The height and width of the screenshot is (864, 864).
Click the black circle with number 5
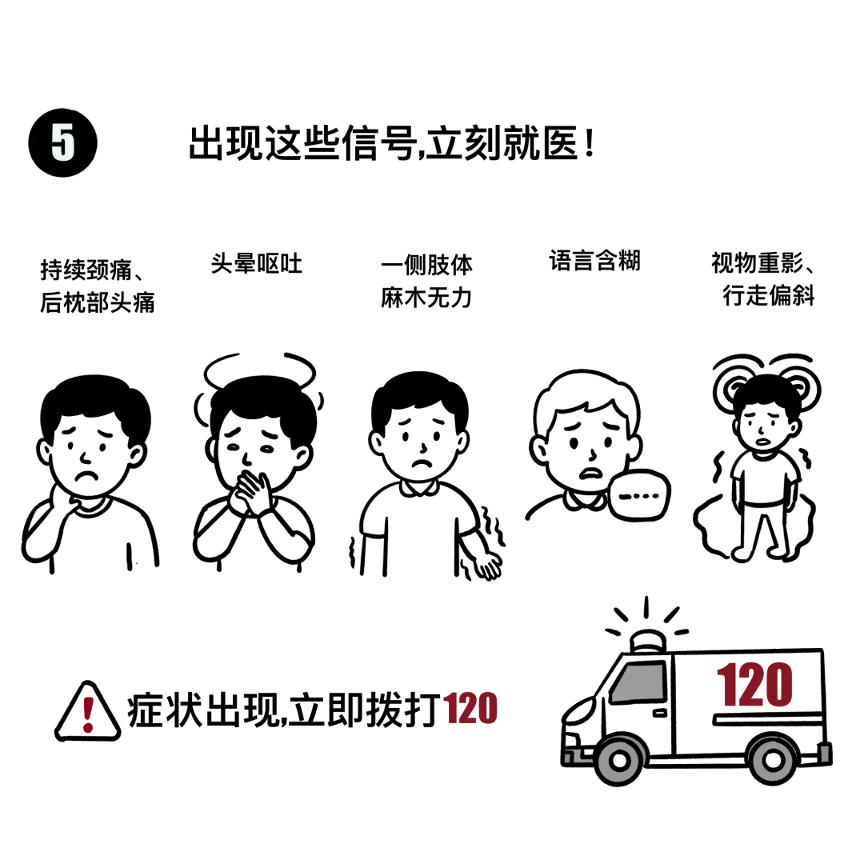pos(63,142)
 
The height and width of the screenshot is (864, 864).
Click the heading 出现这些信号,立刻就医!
pos(392,143)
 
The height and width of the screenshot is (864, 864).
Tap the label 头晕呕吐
pos(257,264)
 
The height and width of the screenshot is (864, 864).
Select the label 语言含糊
pos(595,261)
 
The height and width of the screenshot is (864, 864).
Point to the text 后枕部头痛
pos(98,302)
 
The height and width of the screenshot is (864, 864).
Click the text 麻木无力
pos(426,298)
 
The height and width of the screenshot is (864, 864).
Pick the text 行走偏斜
pos(770,295)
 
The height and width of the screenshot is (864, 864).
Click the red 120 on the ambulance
pos(754,684)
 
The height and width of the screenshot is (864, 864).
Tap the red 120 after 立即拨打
pos(470,708)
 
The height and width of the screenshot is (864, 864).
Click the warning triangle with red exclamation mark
pos(88,711)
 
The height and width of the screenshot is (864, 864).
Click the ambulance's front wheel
pos(618,761)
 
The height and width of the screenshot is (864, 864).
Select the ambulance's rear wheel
pos(773,761)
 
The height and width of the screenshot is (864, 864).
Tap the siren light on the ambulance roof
pos(648,642)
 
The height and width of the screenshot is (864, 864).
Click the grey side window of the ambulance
pos(639,682)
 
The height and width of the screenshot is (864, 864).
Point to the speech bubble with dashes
pos(639,495)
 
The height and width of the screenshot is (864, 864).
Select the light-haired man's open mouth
pos(590,473)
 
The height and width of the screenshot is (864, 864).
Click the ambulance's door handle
pos(660,714)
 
